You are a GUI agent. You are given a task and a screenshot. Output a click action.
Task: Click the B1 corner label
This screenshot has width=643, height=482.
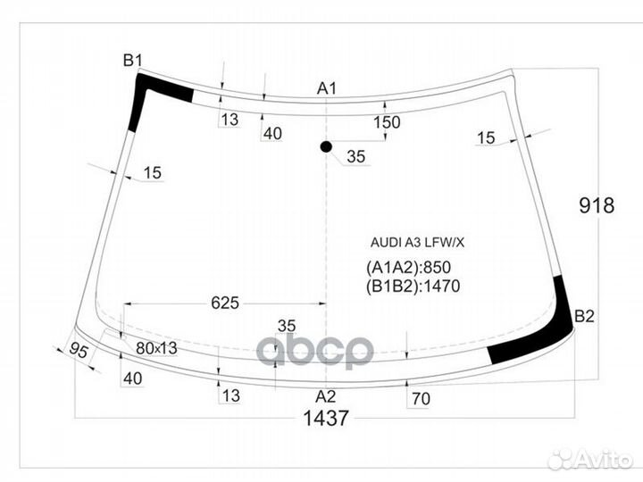click(x=132, y=60)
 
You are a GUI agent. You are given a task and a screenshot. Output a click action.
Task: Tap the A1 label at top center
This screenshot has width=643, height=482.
click(x=327, y=87)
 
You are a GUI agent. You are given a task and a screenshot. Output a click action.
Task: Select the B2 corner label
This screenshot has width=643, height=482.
click(x=584, y=315)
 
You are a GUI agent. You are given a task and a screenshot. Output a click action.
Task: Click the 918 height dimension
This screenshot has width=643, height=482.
click(x=597, y=206)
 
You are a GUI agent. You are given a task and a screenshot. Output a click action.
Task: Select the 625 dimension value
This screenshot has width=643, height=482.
click(x=225, y=303)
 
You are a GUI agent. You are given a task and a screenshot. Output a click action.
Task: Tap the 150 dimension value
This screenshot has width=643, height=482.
click(x=387, y=123)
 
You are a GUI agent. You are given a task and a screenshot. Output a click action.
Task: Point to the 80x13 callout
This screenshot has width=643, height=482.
click(x=156, y=348)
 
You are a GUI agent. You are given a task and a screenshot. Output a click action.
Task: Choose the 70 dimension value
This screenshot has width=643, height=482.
click(x=421, y=400)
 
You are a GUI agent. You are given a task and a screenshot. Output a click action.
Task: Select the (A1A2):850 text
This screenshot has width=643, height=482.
click(x=408, y=268)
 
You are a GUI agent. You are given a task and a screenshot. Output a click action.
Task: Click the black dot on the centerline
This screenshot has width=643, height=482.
click(x=326, y=146)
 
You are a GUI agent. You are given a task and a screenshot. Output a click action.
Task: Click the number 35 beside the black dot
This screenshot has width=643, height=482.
click(x=356, y=157)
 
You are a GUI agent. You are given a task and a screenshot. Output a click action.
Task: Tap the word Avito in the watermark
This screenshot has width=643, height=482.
click(x=605, y=460)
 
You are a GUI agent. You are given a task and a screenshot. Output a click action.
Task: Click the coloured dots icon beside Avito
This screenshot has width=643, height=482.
click(x=561, y=460)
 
